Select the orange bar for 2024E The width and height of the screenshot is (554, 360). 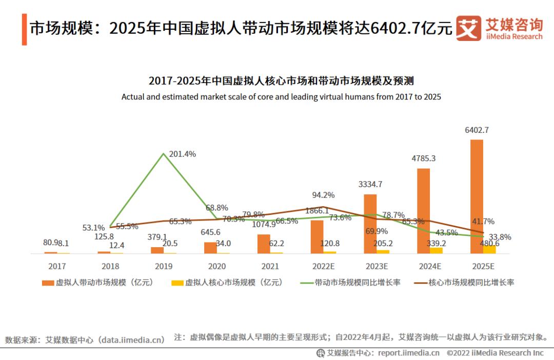click(x=423, y=211)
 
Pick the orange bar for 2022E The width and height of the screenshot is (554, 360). click(x=317, y=236)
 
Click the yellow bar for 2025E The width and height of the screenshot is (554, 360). click(x=489, y=249)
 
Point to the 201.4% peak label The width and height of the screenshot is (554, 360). click(x=182, y=154)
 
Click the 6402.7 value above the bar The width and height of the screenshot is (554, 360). click(x=477, y=130)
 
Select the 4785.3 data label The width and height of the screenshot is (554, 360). click(x=423, y=158)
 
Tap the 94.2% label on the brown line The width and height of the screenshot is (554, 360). click(x=324, y=195)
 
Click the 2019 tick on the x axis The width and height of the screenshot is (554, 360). click(x=164, y=267)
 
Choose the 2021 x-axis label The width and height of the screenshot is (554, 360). click(x=270, y=267)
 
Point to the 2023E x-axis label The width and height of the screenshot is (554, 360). click(x=377, y=267)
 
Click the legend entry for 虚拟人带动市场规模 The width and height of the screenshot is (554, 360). click(x=97, y=283)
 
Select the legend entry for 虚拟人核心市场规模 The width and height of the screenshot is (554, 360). click(x=226, y=283)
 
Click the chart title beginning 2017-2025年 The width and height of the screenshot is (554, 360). click(x=281, y=81)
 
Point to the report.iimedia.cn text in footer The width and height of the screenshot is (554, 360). click(x=408, y=353)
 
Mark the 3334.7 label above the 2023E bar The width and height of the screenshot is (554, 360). click(x=370, y=185)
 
